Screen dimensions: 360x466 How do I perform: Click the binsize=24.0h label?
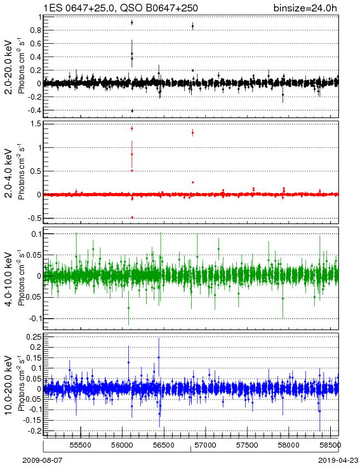305,8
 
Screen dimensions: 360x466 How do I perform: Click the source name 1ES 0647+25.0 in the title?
79,8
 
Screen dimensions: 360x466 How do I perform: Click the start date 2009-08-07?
43,460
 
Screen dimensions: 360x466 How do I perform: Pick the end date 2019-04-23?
338,460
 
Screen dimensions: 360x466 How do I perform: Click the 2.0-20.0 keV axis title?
9,67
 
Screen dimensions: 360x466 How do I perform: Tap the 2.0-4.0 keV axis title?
9,173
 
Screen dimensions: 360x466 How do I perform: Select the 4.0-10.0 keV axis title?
9,279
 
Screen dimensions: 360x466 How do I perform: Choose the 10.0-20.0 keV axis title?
9,385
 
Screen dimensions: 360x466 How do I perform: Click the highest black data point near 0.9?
131,23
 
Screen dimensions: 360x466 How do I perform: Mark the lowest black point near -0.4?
132,111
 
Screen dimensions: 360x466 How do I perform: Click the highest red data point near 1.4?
131,128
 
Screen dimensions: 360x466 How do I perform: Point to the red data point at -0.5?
132,218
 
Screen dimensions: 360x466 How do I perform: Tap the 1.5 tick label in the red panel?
36,124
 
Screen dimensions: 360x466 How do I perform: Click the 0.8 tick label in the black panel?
36,30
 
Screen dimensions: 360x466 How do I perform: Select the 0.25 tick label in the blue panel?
33,337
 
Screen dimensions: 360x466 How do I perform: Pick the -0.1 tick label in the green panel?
35,319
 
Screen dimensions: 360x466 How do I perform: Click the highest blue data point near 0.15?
159,357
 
